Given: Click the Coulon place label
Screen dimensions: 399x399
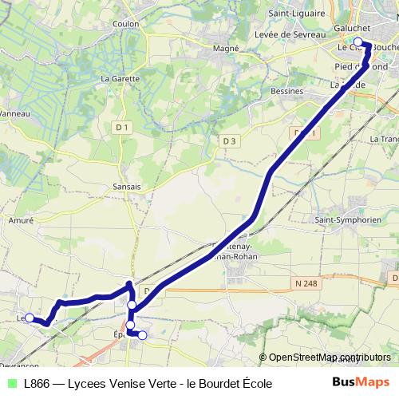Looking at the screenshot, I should pyautogui.click(x=126, y=24).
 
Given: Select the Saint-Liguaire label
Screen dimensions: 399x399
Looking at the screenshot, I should pyautogui.click(x=296, y=13).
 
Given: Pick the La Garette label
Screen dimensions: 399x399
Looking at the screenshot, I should pyautogui.click(x=120, y=79).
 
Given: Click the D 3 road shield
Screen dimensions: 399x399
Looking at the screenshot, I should pyautogui.click(x=230, y=140).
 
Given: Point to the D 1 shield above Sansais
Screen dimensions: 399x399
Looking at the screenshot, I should pyautogui.click(x=121, y=127).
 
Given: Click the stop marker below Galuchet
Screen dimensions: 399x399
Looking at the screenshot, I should pyautogui.click(x=359, y=42).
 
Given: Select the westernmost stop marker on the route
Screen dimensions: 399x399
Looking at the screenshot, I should pyautogui.click(x=30, y=318).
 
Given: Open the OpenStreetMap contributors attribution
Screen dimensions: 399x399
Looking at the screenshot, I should pyautogui.click(x=330, y=358).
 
